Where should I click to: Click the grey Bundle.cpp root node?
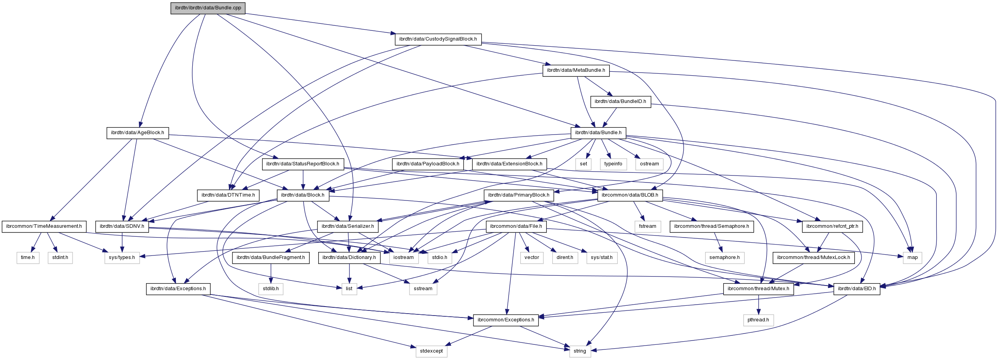[208, 8]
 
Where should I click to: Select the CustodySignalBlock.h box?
[438, 39]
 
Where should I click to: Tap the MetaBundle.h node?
[576, 70]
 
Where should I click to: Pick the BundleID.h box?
[620, 101]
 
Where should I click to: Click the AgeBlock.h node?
[137, 133]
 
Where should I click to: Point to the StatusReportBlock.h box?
[303, 164]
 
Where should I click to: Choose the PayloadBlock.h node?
[428, 164]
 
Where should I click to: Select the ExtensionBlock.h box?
[509, 164]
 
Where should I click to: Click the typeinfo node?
[613, 164]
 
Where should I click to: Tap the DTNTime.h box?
[228, 195]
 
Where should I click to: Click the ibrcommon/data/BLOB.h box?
[630, 195]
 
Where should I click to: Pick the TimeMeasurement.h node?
[44, 226]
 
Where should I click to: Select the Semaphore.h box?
[711, 226]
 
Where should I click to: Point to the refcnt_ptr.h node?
[832, 226]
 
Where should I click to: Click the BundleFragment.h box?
[271, 257]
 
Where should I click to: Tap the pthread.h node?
[758, 320]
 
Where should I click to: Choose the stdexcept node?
[431, 351]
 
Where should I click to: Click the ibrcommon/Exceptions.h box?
[506, 320]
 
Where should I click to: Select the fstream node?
[647, 226]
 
